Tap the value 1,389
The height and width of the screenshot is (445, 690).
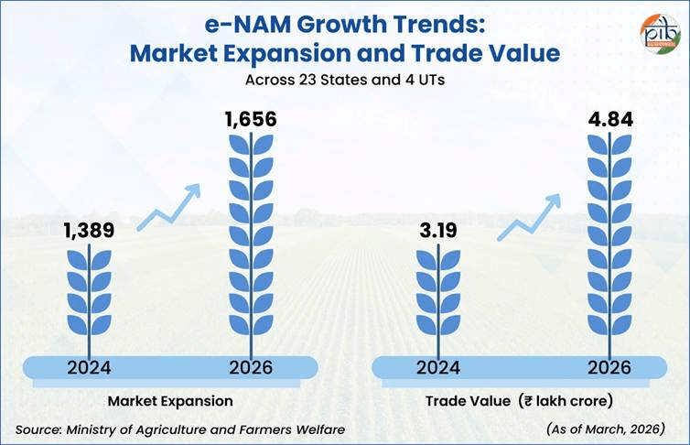pos(90,233)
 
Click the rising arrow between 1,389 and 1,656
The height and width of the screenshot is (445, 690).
pos(168,209)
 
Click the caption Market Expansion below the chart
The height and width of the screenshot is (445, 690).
pos(170,401)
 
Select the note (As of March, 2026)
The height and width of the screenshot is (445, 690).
pos(605,429)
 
